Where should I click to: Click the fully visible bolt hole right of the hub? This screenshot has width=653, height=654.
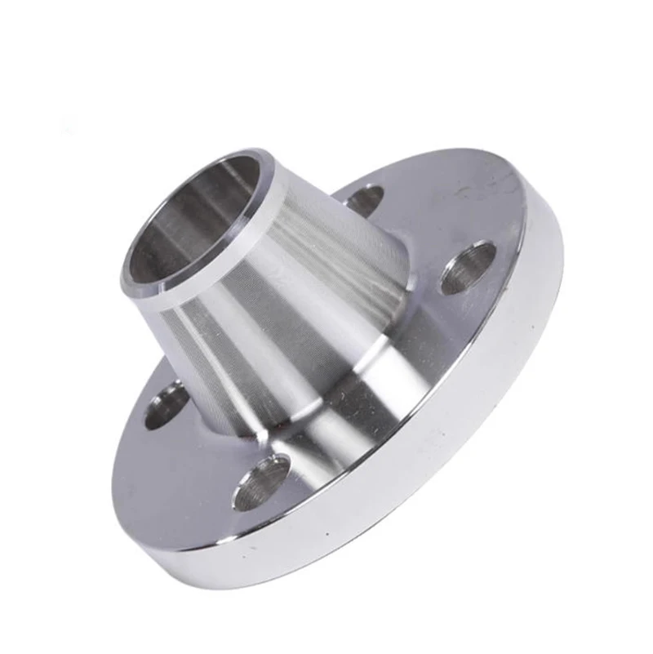pos(468,268)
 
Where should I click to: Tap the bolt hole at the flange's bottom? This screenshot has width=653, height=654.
pos(262,483)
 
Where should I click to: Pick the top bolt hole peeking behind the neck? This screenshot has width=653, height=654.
pos(364,198)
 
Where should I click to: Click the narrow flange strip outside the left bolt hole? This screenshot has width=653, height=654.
pos(139,408)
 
